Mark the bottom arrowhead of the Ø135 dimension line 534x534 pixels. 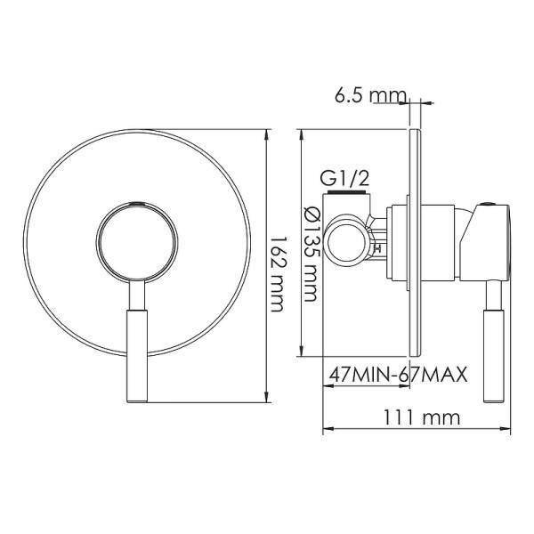303,353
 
